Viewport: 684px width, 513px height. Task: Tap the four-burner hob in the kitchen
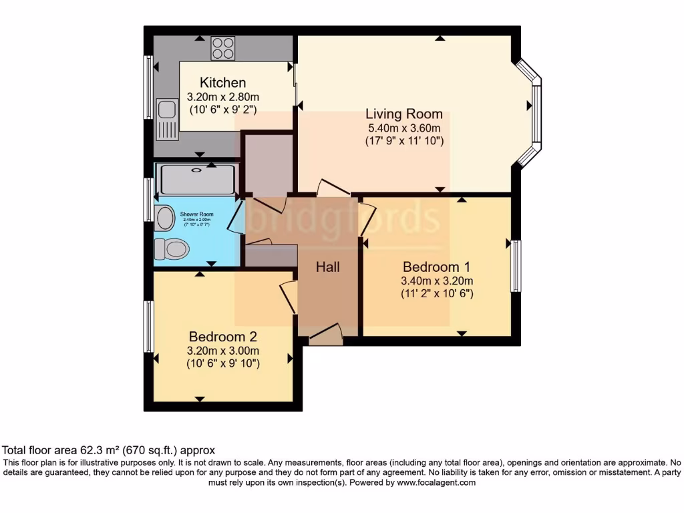222,47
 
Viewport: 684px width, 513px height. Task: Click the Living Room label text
405,114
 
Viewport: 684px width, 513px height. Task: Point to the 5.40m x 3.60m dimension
405,128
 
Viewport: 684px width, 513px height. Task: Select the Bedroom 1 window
515,265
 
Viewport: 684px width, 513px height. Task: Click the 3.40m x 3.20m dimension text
437,281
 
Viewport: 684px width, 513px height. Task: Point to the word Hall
327,267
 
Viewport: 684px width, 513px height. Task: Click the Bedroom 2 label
223,337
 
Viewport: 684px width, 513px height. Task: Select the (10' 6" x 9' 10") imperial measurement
223,363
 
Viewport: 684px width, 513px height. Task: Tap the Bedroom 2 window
149,326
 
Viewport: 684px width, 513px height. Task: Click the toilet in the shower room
171,249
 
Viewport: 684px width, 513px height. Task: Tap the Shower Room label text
196,214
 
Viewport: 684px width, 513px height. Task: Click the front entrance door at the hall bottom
326,334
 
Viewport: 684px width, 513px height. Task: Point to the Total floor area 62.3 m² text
109,450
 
